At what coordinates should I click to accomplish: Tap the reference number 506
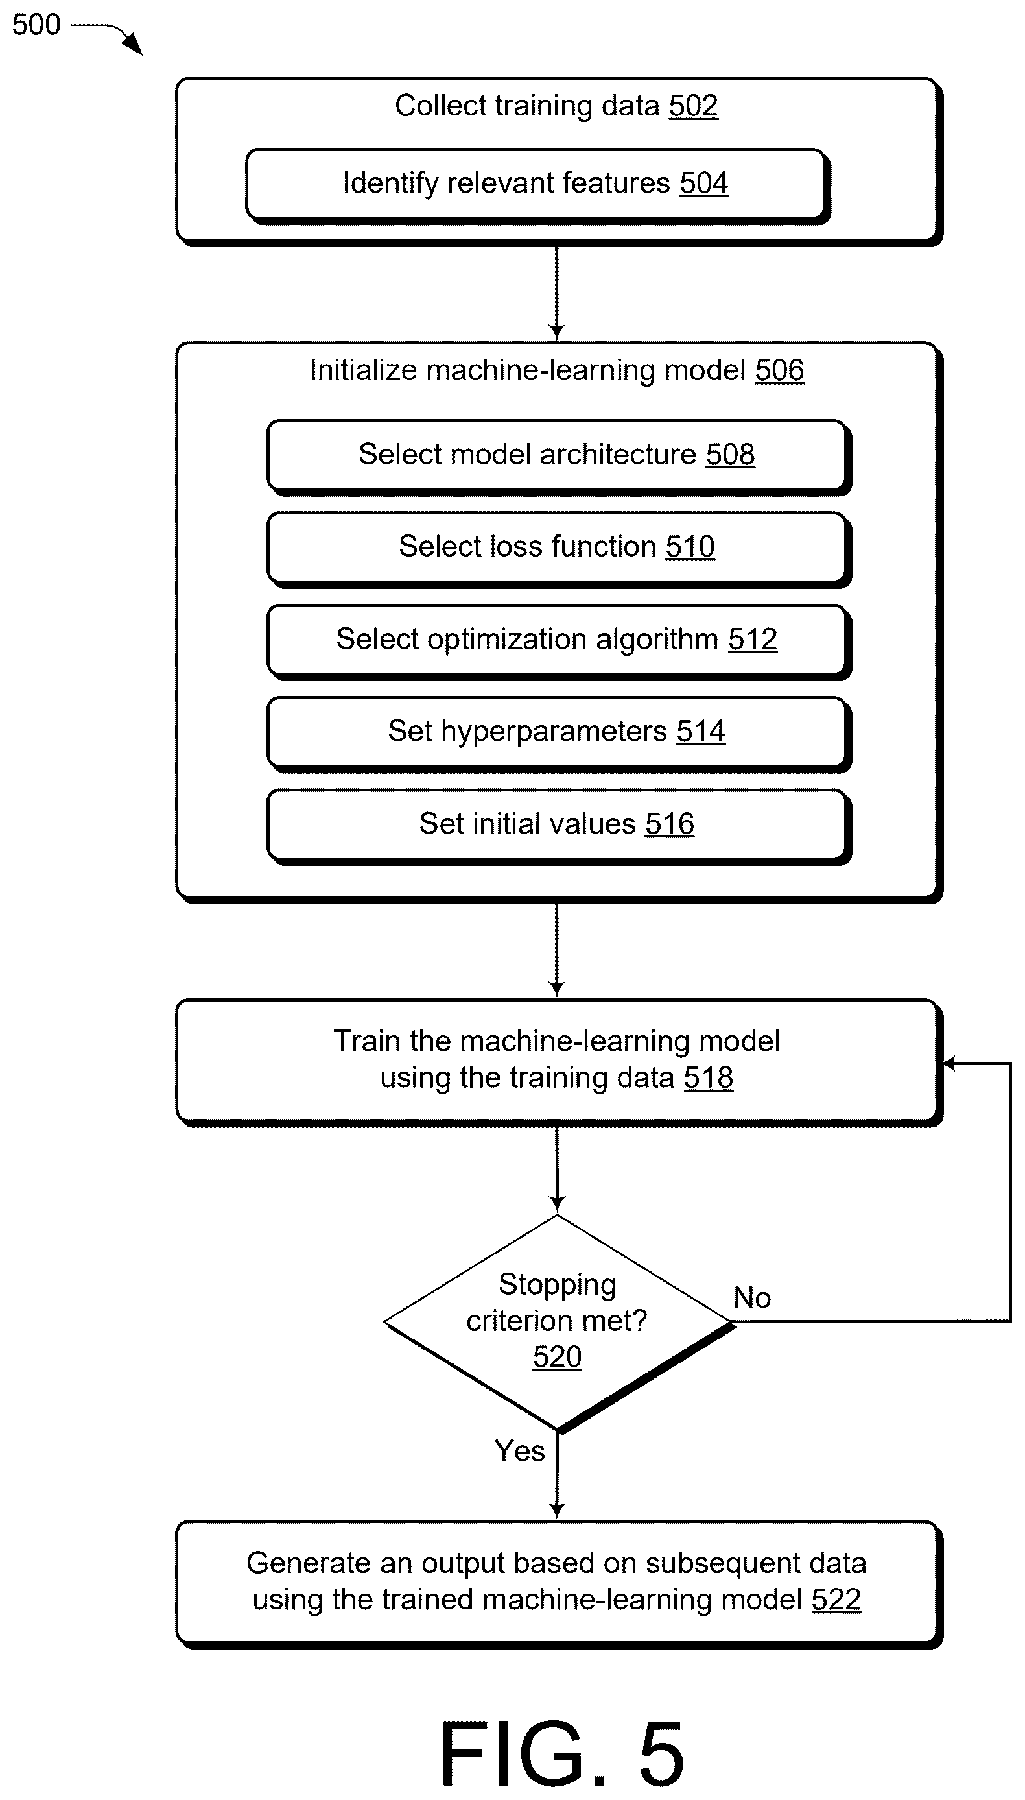point(779,370)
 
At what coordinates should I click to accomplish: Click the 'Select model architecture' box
point(558,457)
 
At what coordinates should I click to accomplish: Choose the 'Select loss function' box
point(558,549)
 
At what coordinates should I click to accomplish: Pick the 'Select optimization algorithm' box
point(558,642)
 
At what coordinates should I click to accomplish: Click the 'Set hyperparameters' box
point(558,734)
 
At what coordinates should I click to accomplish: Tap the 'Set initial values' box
point(558,826)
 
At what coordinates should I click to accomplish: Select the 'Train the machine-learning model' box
point(558,1062)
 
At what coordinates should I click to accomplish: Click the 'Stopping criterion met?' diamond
point(558,1323)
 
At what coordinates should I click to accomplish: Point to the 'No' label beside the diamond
point(752,1297)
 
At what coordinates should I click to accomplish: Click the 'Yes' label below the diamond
point(519,1451)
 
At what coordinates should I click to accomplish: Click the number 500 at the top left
point(36,25)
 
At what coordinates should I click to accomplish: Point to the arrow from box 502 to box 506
point(557,293)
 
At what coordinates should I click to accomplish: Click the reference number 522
point(836,1600)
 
